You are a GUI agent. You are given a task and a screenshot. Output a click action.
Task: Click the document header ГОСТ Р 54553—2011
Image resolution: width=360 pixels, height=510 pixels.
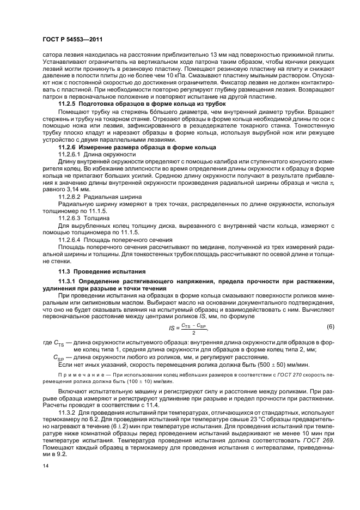pos(72,40)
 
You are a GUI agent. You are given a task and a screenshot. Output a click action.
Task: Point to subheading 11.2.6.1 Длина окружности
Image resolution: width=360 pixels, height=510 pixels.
pos(97,155)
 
